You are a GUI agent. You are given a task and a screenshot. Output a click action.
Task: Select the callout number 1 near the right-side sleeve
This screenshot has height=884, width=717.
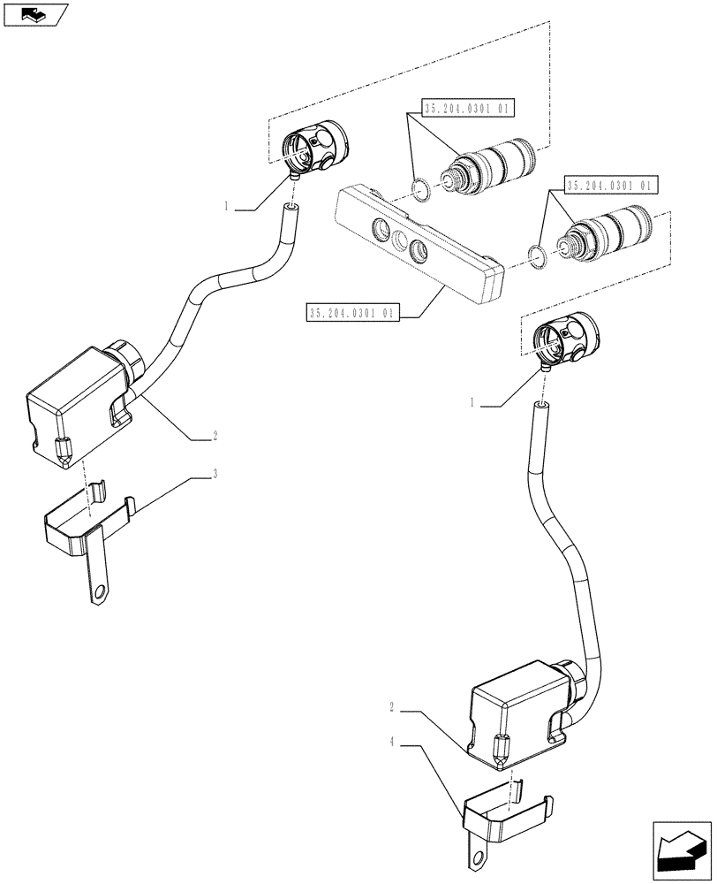pyautogui.click(x=473, y=402)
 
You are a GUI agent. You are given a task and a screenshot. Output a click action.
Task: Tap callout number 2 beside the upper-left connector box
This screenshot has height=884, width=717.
pyautogui.click(x=215, y=436)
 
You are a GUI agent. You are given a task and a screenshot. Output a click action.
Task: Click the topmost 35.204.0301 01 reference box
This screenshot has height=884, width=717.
pyautogui.click(x=468, y=110)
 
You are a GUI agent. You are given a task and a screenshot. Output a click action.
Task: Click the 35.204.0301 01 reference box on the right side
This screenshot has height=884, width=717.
pyautogui.click(x=609, y=187)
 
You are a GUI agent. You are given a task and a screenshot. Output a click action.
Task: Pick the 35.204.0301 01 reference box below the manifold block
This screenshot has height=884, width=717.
pyautogui.click(x=354, y=313)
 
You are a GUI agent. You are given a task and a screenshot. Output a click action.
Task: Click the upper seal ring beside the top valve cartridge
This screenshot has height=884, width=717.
pyautogui.click(x=422, y=188)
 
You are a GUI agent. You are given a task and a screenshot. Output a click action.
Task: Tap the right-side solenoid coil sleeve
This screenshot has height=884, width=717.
pyautogui.click(x=565, y=339)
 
